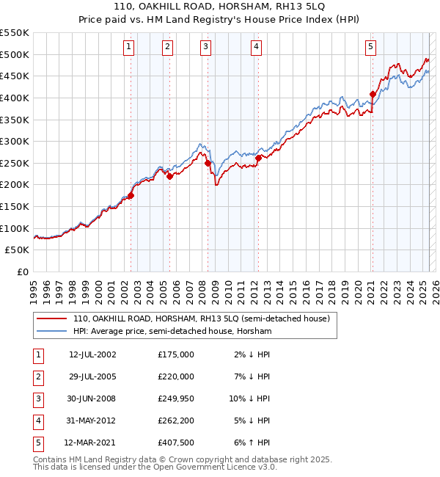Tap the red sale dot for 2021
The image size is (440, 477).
[x=373, y=94]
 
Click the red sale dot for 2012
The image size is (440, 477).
[x=259, y=157]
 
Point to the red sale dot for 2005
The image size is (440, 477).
[x=169, y=176]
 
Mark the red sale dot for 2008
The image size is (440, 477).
[x=208, y=163]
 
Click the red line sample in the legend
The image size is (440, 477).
[x=52, y=319]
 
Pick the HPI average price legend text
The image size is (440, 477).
[x=172, y=332]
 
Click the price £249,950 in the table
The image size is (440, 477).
[x=175, y=400]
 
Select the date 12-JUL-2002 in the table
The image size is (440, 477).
[x=92, y=354]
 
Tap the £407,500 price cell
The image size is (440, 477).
[x=175, y=443]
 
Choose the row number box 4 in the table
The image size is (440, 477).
[x=37, y=421]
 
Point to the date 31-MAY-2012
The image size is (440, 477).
[x=92, y=421]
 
